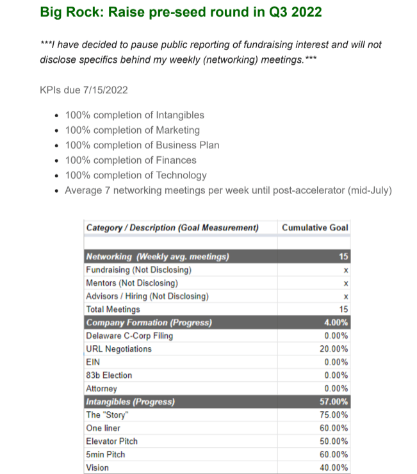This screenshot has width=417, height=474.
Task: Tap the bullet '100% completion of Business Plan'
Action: pyautogui.click(x=142, y=145)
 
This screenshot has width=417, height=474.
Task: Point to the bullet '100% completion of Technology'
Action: pyautogui.click(x=136, y=175)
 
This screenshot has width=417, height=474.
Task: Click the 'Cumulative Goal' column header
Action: pyautogui.click(x=315, y=227)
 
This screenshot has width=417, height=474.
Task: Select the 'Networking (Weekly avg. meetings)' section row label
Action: pyautogui.click(x=158, y=257)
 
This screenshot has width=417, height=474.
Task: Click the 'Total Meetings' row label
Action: pyautogui.click(x=113, y=309)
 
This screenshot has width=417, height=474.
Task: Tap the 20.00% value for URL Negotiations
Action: pyautogui.click(x=334, y=349)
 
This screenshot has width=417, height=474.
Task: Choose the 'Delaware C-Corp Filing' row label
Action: pyautogui.click(x=129, y=336)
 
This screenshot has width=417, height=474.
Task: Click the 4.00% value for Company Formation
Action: pyautogui.click(x=336, y=322)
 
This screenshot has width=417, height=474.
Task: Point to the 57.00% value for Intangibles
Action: pyautogui.click(x=334, y=402)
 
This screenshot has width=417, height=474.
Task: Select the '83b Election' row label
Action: pyautogui.click(x=109, y=375)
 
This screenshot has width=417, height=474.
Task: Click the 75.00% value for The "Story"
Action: pyautogui.click(x=334, y=414)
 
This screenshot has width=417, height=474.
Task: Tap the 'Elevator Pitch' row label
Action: pyautogui.click(x=111, y=441)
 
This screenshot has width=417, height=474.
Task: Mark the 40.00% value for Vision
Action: pyautogui.click(x=334, y=468)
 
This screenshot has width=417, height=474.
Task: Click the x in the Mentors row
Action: pyautogui.click(x=346, y=283)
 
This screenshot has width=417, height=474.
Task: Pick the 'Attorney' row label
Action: pyautogui.click(x=101, y=389)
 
